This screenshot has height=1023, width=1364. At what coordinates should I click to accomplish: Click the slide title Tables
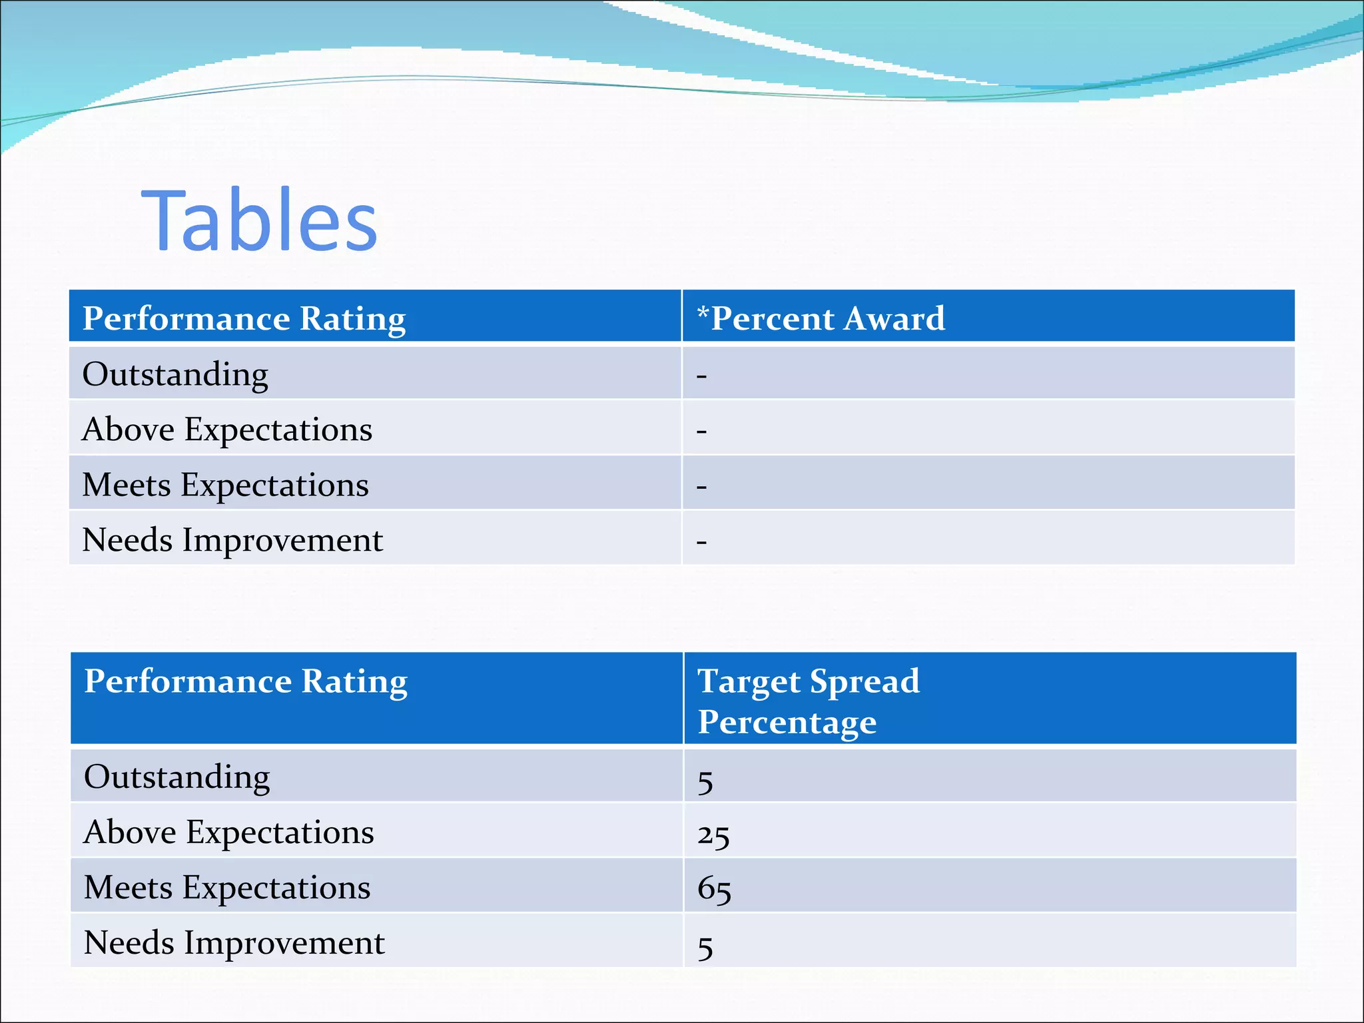259,220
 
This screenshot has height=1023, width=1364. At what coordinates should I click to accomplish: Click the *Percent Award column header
821,318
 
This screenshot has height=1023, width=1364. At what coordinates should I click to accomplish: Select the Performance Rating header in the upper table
244,318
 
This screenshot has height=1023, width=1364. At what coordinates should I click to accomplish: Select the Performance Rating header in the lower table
245,681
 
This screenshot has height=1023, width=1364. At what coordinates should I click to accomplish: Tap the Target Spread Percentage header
808,701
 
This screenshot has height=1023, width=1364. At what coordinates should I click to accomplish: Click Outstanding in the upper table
175,374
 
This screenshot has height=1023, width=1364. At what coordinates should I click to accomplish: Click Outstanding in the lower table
177,777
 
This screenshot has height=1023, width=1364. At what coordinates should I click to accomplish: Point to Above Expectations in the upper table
227,430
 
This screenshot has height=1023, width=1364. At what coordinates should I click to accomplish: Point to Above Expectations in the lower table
229,833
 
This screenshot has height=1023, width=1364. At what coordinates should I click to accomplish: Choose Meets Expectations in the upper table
225,485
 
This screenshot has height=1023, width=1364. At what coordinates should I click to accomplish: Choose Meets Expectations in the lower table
227,888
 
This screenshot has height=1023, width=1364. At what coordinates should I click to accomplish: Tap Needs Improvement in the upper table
232,540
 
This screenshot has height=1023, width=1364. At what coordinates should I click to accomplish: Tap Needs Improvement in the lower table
234,943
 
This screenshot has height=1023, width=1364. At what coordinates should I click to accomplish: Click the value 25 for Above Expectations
713,835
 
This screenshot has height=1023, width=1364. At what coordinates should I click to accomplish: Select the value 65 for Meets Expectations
714,890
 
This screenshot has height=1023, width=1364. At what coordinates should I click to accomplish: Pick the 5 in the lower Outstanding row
705,781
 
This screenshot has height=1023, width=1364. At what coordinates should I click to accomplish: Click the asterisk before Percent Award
703,312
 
